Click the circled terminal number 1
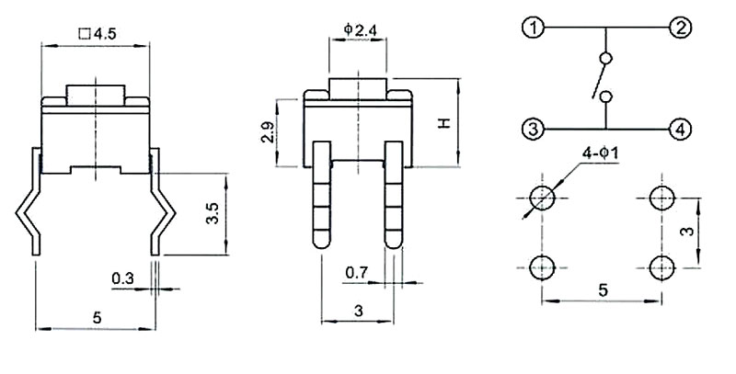click(533, 28)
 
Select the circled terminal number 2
click(680, 28)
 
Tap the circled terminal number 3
click(533, 129)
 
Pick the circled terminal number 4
click(680, 129)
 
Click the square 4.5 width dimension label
click(98, 34)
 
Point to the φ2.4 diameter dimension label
click(360, 30)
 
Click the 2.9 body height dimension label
click(268, 132)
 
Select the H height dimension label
click(443, 123)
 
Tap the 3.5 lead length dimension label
click(213, 213)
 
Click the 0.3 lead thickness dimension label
click(123, 278)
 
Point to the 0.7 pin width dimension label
click(356, 273)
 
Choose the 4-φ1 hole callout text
click(601, 154)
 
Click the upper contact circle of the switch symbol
click(606, 58)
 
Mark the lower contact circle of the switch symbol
click(606, 96)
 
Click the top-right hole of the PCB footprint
click(661, 198)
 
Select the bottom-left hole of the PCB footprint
click(542, 267)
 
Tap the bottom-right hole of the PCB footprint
click(661, 267)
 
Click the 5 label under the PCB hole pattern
click(604, 290)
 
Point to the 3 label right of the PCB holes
click(688, 232)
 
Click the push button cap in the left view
click(96, 96)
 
